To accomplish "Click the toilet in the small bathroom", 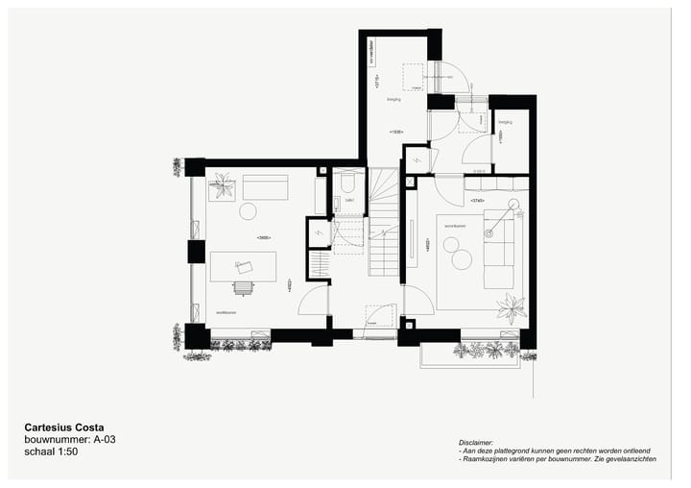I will click(x=348, y=183).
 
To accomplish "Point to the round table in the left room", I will click(x=249, y=211).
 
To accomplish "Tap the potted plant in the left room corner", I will click(x=223, y=185).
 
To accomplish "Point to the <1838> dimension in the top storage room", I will click(x=395, y=132).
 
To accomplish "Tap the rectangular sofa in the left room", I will click(x=265, y=186).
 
